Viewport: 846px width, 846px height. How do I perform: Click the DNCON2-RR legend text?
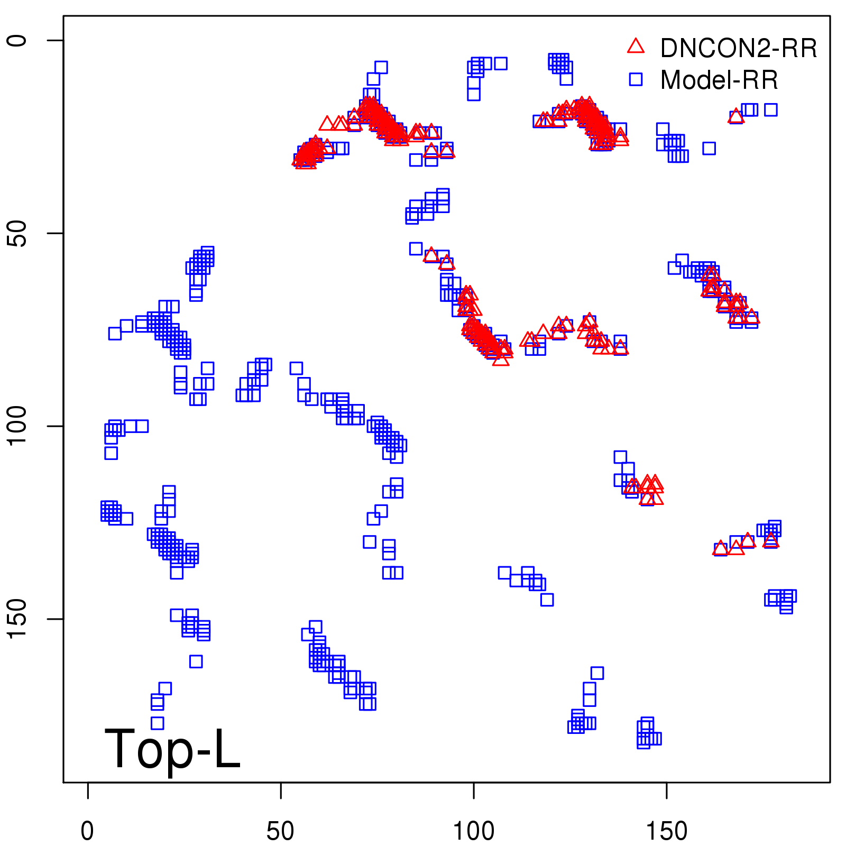point(738,49)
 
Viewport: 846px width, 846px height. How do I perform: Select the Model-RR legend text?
point(719,80)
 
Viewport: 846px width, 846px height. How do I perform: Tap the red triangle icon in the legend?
point(636,47)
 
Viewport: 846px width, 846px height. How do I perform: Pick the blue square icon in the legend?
point(636,79)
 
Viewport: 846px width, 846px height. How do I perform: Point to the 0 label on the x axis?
point(88,831)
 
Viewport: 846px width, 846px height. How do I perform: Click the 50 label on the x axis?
point(280,831)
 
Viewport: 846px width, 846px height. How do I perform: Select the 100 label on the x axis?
point(474,831)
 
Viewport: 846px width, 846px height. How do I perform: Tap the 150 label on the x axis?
point(667,831)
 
